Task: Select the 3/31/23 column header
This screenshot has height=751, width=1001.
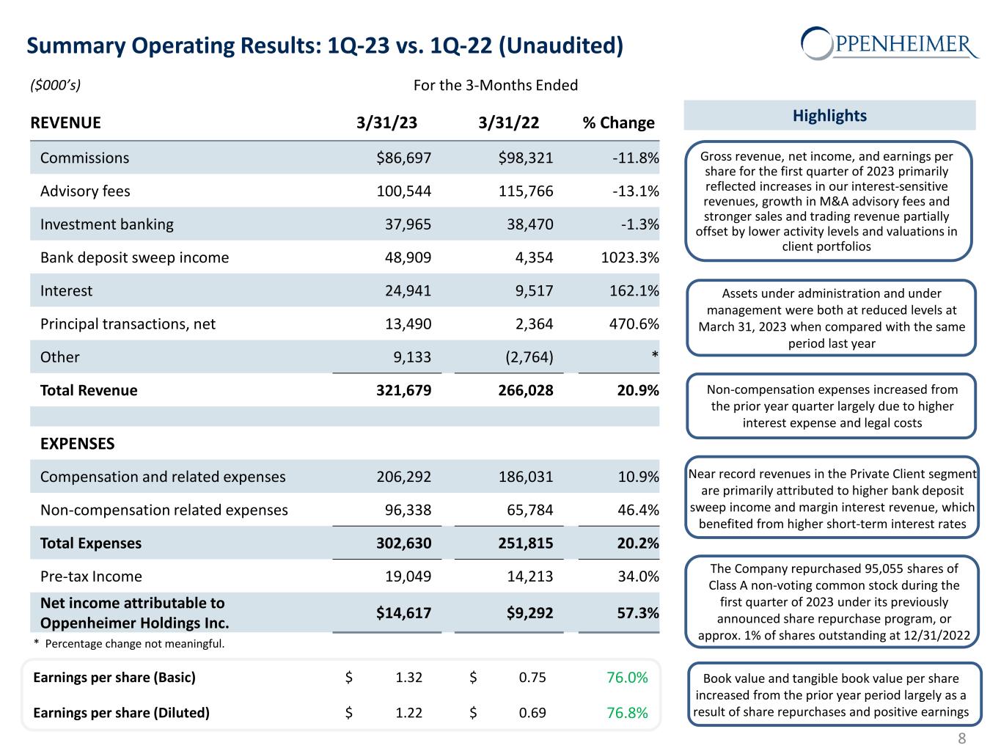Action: pyautogui.click(x=386, y=122)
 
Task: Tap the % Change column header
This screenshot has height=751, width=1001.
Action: pyautogui.click(x=618, y=122)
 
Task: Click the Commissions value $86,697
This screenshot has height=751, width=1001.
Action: pyautogui.click(x=403, y=158)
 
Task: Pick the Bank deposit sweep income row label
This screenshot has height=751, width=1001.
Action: pyautogui.click(x=134, y=257)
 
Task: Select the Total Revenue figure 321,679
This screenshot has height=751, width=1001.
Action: pyautogui.click(x=403, y=390)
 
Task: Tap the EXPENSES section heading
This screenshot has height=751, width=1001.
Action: pyautogui.click(x=77, y=444)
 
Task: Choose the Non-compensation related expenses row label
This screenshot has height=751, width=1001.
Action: pyautogui.click(x=164, y=510)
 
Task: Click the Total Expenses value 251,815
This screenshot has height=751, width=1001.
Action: pyautogui.click(x=525, y=543)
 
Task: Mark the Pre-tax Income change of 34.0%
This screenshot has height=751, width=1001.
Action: pyautogui.click(x=638, y=576)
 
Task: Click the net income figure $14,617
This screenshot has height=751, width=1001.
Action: pyautogui.click(x=403, y=613)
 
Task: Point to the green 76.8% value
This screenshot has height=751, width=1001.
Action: pyautogui.click(x=627, y=712)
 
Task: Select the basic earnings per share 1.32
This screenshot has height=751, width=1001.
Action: pyautogui.click(x=408, y=677)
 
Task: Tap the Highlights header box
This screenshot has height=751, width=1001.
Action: pyautogui.click(x=829, y=115)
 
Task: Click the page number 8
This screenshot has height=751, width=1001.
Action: pyautogui.click(x=961, y=738)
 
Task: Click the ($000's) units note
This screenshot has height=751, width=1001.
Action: pyautogui.click(x=55, y=85)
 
